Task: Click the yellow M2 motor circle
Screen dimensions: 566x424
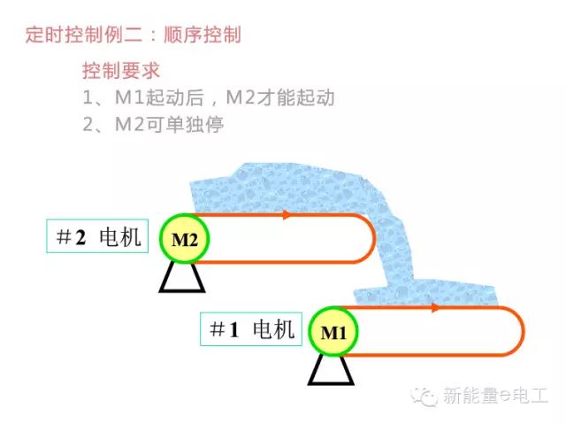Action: point(185,239)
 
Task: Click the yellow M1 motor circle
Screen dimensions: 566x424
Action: point(333,332)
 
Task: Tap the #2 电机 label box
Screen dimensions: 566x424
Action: point(97,235)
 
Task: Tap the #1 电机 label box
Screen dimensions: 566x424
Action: point(251,329)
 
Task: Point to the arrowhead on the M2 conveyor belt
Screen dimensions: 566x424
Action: point(287,214)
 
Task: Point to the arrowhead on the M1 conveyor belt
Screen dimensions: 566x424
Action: point(435,308)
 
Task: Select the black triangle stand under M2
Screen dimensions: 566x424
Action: point(182,277)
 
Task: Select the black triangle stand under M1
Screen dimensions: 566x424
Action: point(331,370)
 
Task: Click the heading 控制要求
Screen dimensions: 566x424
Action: point(121,70)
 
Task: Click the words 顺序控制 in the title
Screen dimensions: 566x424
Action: point(203,35)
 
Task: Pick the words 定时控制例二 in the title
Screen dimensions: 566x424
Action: point(83,35)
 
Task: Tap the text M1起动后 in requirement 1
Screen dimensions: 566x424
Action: point(159,97)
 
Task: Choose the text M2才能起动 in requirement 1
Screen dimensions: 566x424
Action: point(280,97)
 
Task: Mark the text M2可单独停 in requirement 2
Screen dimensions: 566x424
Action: point(169,125)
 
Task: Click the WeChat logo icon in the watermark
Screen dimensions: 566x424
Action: point(424,397)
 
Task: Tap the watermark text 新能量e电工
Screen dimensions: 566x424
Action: point(495,396)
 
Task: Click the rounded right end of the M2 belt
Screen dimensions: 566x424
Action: point(374,238)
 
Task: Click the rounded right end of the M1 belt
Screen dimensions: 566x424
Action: point(523,331)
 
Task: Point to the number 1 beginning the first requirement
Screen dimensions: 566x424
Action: point(88,97)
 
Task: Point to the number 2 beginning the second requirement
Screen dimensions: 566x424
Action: point(88,125)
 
